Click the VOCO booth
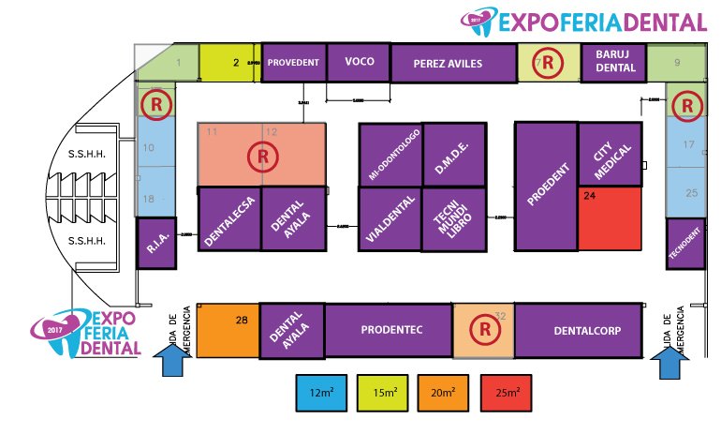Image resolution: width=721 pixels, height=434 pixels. [x=360, y=62]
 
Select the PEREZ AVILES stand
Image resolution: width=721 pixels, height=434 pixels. [x=448, y=64]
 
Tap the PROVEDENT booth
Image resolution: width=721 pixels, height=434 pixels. [x=294, y=62]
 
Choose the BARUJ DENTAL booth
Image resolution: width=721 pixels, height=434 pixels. [x=614, y=62]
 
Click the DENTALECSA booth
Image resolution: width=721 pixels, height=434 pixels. [x=228, y=219]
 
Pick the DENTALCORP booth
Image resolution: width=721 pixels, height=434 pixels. [x=578, y=330]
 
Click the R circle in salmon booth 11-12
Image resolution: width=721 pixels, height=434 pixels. [x=263, y=155]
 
